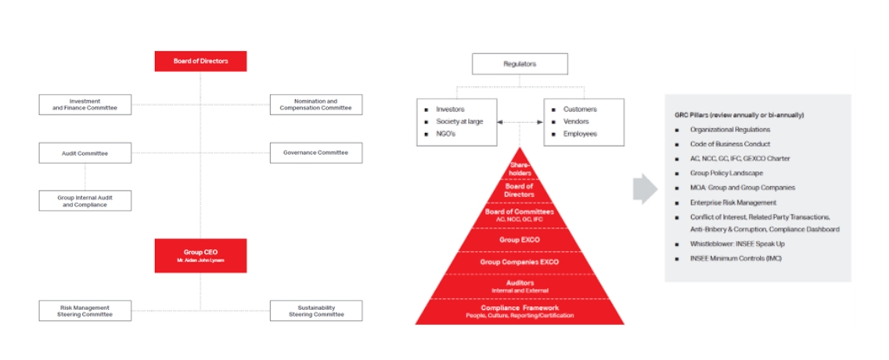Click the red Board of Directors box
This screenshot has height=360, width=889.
click(200, 61)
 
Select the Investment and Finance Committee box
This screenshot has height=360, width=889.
click(85, 104)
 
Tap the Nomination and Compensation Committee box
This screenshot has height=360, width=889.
click(315, 104)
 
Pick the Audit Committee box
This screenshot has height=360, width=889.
click(85, 153)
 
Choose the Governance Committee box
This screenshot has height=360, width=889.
click(315, 153)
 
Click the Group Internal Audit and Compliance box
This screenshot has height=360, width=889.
click(85, 200)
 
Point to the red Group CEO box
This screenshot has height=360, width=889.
click(200, 255)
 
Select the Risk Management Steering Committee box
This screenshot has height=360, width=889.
click(85, 311)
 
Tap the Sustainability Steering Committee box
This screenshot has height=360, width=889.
click(315, 311)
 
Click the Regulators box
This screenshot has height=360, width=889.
click(520, 63)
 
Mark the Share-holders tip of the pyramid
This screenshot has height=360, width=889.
click(520, 168)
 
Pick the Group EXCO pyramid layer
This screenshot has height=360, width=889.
click(520, 239)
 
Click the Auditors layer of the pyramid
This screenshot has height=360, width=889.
click(520, 286)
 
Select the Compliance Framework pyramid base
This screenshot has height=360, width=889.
click(520, 311)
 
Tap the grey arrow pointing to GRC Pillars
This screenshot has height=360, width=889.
click(645, 190)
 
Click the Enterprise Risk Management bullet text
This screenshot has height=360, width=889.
click(728, 202)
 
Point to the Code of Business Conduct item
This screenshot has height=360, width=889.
click(729, 144)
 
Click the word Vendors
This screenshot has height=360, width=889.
click(577, 121)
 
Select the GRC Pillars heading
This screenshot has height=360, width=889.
click(739, 115)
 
